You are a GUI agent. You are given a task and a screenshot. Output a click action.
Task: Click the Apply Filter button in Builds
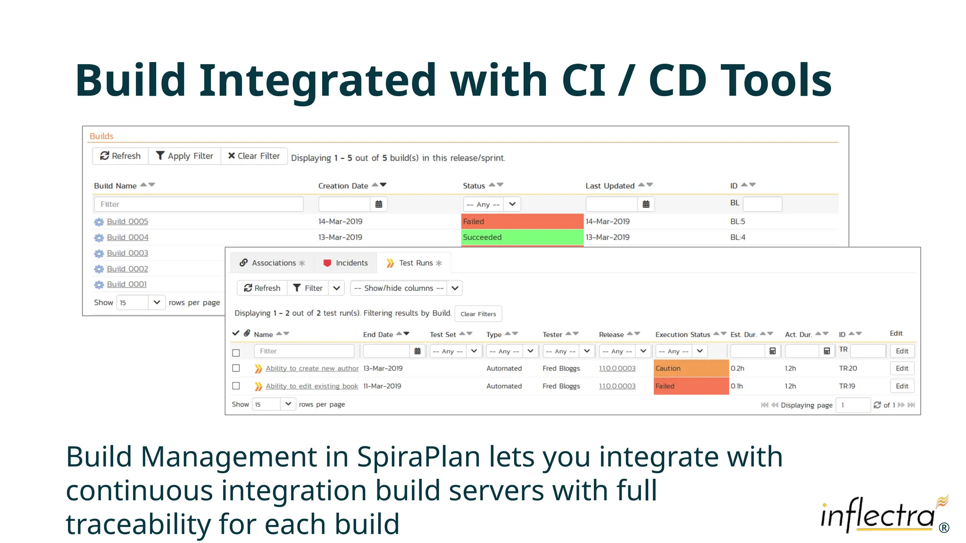point(184,156)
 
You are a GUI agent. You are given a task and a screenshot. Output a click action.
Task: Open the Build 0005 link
point(127,222)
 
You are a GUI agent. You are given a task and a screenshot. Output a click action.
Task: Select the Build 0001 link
point(126,284)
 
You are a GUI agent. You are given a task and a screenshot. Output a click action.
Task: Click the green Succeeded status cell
point(522,237)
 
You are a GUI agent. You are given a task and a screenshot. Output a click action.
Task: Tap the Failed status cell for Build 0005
point(522,222)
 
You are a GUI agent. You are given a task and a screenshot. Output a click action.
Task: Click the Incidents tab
point(346,263)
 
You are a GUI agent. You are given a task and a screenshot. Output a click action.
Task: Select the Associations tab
point(272,263)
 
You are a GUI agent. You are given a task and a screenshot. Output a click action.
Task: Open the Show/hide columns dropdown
point(406,288)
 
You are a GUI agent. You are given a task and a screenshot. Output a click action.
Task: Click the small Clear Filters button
point(478,314)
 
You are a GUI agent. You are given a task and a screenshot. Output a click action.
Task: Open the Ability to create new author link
point(312,369)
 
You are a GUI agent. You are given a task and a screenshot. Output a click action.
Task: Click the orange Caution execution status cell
point(691,369)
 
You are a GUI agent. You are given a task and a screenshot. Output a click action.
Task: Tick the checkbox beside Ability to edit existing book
point(236,386)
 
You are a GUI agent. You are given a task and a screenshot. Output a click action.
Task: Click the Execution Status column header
point(682,335)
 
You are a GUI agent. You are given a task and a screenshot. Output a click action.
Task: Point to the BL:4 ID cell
point(738,237)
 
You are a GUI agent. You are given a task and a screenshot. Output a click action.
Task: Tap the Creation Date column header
point(343,186)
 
